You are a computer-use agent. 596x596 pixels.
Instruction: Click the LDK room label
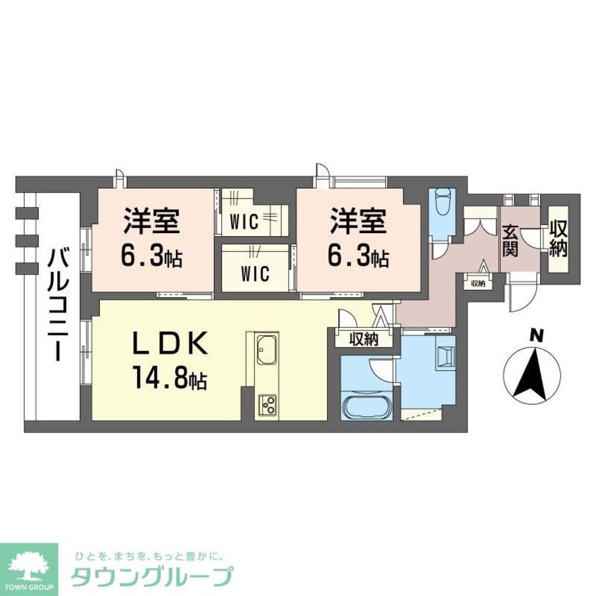coord(169,345)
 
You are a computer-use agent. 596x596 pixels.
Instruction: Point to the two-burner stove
coord(266,405)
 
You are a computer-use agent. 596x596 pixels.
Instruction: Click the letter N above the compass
coord(537,337)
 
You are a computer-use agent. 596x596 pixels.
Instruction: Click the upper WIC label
coord(244,223)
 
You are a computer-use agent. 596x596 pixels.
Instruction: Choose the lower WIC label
coord(255,274)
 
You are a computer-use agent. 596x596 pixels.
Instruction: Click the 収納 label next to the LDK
coord(364,340)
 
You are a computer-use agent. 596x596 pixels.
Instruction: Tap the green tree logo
coord(29,569)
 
